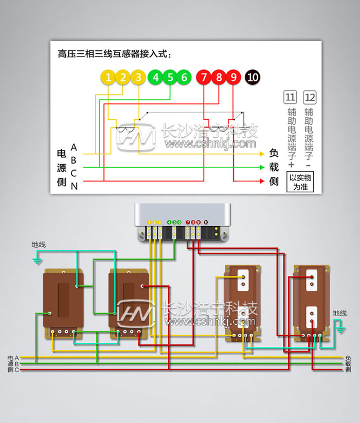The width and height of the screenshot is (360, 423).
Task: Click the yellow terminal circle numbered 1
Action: pyautogui.click(x=108, y=78)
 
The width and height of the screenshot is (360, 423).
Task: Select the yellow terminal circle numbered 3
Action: pyautogui.click(x=138, y=78)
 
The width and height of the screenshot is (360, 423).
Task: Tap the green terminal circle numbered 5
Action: pyautogui.click(x=170, y=78)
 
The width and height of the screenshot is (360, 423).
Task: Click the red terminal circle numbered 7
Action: pyautogui.click(x=204, y=78)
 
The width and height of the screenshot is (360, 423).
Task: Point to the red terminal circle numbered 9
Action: pyautogui.click(x=233, y=78)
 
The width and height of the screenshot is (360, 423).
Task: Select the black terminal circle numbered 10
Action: pyautogui.click(x=253, y=78)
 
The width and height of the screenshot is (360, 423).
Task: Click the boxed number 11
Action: pyautogui.click(x=290, y=97)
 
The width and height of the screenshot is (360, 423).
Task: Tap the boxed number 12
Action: pyautogui.click(x=310, y=97)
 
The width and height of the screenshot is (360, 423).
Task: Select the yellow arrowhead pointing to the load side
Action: pyautogui.click(x=262, y=154)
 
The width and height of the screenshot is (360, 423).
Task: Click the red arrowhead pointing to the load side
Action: pyautogui.click(x=262, y=181)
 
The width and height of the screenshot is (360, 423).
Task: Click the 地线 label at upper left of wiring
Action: pyautogui.click(x=39, y=245)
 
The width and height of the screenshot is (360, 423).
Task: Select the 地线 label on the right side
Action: pyautogui.click(x=339, y=313)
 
